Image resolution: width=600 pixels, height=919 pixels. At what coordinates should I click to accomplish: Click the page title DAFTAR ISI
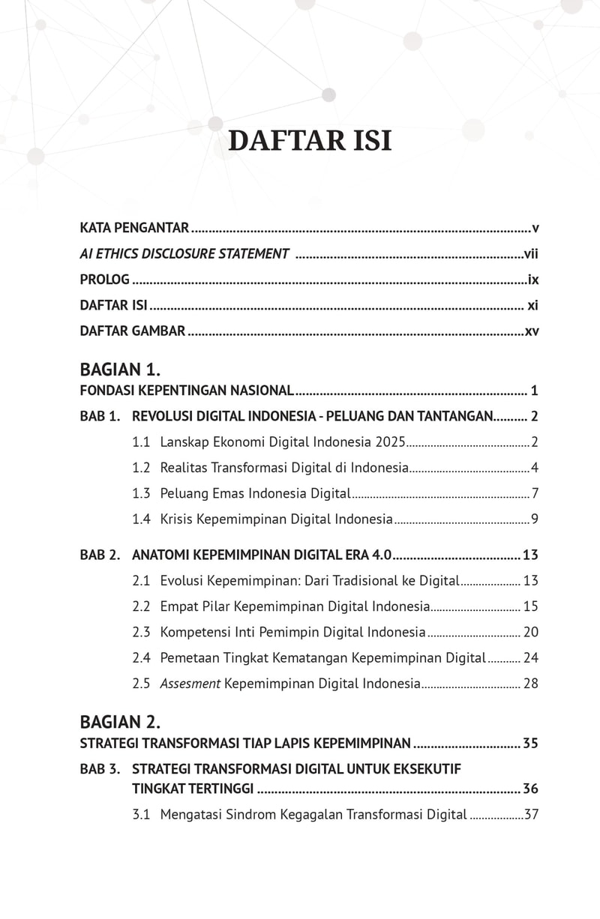click(309, 141)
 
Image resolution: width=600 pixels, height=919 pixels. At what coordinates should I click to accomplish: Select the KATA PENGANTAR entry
click(134, 228)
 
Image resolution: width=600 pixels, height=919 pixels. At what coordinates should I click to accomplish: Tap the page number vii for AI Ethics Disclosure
click(531, 254)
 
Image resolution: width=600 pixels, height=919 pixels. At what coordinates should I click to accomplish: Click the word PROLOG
click(105, 280)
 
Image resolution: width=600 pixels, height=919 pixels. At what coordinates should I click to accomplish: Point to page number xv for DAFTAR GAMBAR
click(532, 331)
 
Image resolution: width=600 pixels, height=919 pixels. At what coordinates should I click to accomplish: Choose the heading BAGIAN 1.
click(120, 370)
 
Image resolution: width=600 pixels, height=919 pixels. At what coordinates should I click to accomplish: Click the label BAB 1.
click(100, 416)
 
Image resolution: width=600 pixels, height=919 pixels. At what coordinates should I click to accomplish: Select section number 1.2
click(141, 468)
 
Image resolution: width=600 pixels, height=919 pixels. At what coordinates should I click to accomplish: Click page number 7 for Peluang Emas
click(535, 494)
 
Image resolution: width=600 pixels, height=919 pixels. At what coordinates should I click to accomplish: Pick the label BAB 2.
click(100, 555)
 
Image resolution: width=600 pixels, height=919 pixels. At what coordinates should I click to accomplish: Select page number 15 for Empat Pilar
click(531, 606)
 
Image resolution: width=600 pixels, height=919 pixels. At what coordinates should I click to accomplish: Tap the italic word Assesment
click(190, 684)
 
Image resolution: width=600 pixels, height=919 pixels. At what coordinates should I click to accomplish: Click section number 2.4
click(141, 658)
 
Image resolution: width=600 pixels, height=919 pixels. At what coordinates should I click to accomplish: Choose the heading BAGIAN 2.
click(120, 723)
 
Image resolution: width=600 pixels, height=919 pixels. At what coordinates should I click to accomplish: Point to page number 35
click(530, 744)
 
